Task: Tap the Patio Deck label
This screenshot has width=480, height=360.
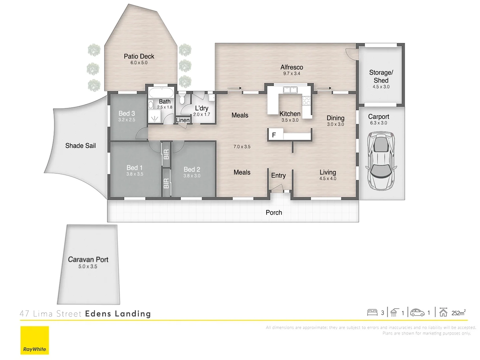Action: click(139, 56)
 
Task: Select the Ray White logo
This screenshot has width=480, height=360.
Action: click(35, 340)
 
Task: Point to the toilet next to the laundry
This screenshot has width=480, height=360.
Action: click(182, 99)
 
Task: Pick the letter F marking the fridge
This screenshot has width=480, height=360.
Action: click(274, 135)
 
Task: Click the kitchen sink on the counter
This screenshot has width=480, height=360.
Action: click(290, 90)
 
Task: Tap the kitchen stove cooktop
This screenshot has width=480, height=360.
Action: click(306, 100)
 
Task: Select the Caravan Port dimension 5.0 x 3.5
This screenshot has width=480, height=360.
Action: click(88, 267)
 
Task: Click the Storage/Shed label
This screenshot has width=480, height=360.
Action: click(381, 76)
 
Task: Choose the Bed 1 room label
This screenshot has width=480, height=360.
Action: click(134, 168)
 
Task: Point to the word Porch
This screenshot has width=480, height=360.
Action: click(274, 213)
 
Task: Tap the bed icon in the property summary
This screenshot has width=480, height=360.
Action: click(372, 313)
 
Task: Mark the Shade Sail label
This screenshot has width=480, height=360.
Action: click(80, 146)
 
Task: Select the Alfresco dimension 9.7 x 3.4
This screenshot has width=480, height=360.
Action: click(292, 74)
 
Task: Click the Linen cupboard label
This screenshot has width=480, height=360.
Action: click(182, 120)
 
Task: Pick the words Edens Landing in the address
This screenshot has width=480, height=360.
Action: click(118, 314)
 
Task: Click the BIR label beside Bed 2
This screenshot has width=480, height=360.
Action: click(166, 183)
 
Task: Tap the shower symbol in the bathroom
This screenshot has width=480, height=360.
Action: click(154, 118)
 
